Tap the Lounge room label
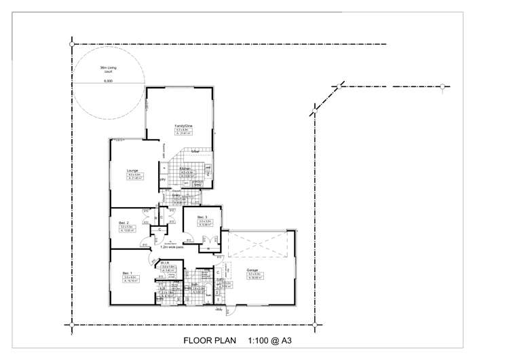coord(132,170)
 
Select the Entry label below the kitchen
coord(177,195)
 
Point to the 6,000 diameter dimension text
coord(108,81)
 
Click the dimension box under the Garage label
coord(256,275)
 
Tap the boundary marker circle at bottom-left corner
coord(72,325)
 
